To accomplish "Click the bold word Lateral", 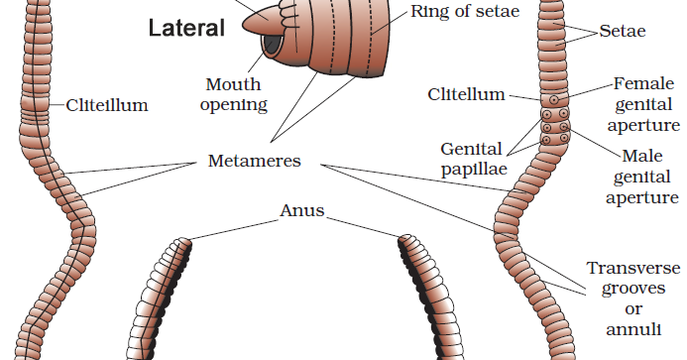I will pos(185,29).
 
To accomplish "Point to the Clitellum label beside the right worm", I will pos(466,94).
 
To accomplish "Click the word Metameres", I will pos(255,160).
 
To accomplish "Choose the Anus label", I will pos(302,210).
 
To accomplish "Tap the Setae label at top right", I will pos(623,32).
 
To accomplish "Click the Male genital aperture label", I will pos(646,177).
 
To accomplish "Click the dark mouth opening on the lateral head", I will pos(270,46).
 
